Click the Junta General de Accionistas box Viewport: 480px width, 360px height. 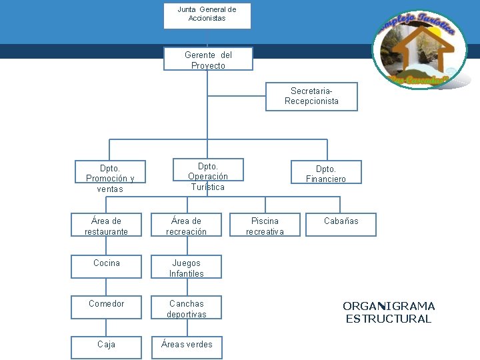207,15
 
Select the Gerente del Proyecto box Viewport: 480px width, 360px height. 208,59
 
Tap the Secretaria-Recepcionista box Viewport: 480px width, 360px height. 311,96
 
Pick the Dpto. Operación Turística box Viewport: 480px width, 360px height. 208,177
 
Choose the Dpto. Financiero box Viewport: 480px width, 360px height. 326,173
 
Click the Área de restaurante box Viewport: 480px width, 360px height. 107,225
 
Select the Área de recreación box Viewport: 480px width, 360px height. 186,225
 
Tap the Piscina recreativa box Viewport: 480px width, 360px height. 265,225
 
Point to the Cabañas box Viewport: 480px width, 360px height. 341,224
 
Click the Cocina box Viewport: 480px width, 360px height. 107,267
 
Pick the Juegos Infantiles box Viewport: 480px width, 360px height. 186,267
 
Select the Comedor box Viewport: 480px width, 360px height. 107,307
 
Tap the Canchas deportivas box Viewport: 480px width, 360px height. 186,308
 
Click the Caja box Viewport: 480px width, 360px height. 107,347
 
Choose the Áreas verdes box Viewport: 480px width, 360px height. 186,347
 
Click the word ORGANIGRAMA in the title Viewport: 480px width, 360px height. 389,306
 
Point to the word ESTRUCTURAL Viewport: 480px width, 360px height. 389,319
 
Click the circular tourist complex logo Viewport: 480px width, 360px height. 419,49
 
